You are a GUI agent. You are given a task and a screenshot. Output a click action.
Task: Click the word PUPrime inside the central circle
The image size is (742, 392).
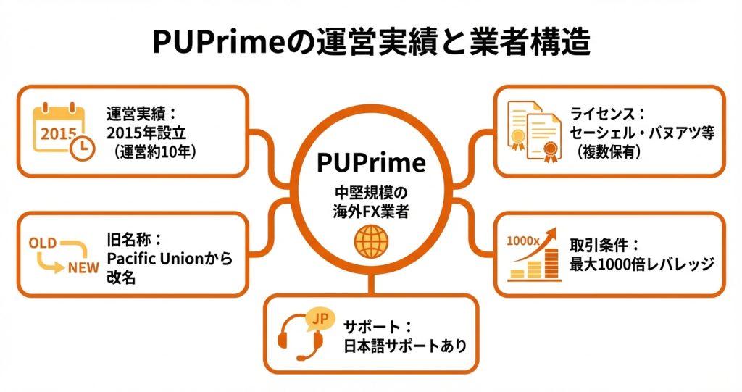click(370, 162)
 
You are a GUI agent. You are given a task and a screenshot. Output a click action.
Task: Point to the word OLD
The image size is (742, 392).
click(43, 244)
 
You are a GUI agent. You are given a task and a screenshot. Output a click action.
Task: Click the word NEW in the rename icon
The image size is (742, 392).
click(83, 268)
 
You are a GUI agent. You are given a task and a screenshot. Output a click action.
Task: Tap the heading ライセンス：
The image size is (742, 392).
click(607, 113)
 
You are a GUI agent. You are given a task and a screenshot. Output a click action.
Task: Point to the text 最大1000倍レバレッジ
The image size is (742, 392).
click(642, 264)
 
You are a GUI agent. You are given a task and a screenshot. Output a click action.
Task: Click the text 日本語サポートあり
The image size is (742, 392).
click(405, 345)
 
